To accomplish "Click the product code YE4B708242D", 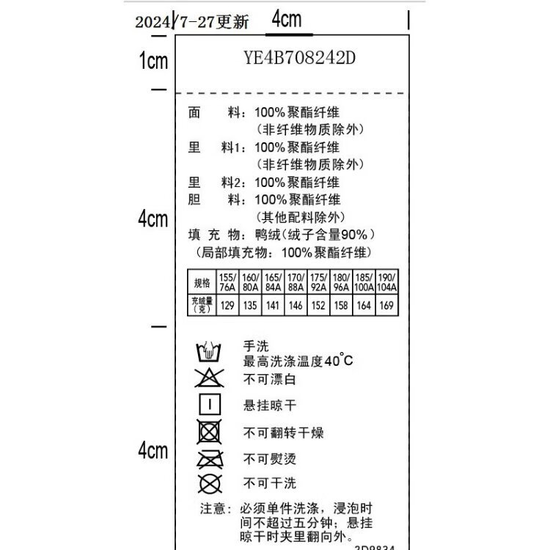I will (x=299, y=58).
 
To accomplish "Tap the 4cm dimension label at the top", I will (x=286, y=20).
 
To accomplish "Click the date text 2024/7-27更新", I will (x=192, y=22).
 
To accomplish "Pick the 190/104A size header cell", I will (x=386, y=282).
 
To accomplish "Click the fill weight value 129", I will (x=227, y=305).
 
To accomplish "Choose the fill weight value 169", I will (x=386, y=305).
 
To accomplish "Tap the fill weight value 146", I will (x=295, y=305).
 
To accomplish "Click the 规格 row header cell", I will (x=202, y=283).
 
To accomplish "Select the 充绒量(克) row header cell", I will (x=202, y=305).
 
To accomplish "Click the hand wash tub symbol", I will (x=209, y=353).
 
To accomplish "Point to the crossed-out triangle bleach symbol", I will (x=209, y=378).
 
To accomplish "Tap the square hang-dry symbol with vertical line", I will (x=210, y=404).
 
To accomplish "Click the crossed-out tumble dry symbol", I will (x=210, y=431).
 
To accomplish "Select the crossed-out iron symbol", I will (x=210, y=459).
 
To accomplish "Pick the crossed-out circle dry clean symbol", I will (x=210, y=483).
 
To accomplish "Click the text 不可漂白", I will (x=270, y=380).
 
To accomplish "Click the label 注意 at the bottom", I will (x=213, y=508).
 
